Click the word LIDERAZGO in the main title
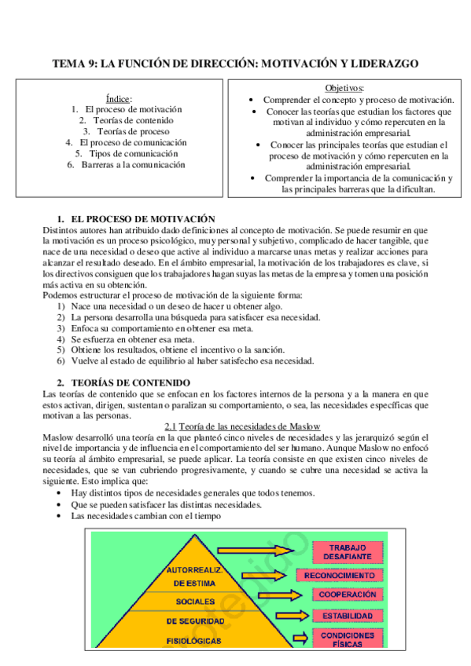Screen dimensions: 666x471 [x=381, y=64]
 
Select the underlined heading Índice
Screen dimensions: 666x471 [x=119, y=98]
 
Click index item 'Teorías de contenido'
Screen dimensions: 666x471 [x=126, y=120]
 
